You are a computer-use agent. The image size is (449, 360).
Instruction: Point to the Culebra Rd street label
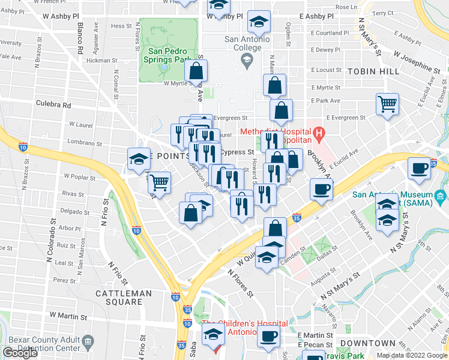pyautogui.click(x=53, y=104)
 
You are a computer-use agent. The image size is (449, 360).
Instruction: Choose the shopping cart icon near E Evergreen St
pyautogui.click(x=387, y=104)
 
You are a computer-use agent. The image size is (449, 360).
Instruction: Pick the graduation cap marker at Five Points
pyautogui.click(x=139, y=159)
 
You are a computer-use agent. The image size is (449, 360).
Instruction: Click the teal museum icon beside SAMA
pyautogui.click(x=441, y=196)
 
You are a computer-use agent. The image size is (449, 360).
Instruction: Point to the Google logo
pyautogui.click(x=20, y=353)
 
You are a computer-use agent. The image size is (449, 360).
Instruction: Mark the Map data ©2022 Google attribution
pyautogui.click(x=412, y=355)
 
